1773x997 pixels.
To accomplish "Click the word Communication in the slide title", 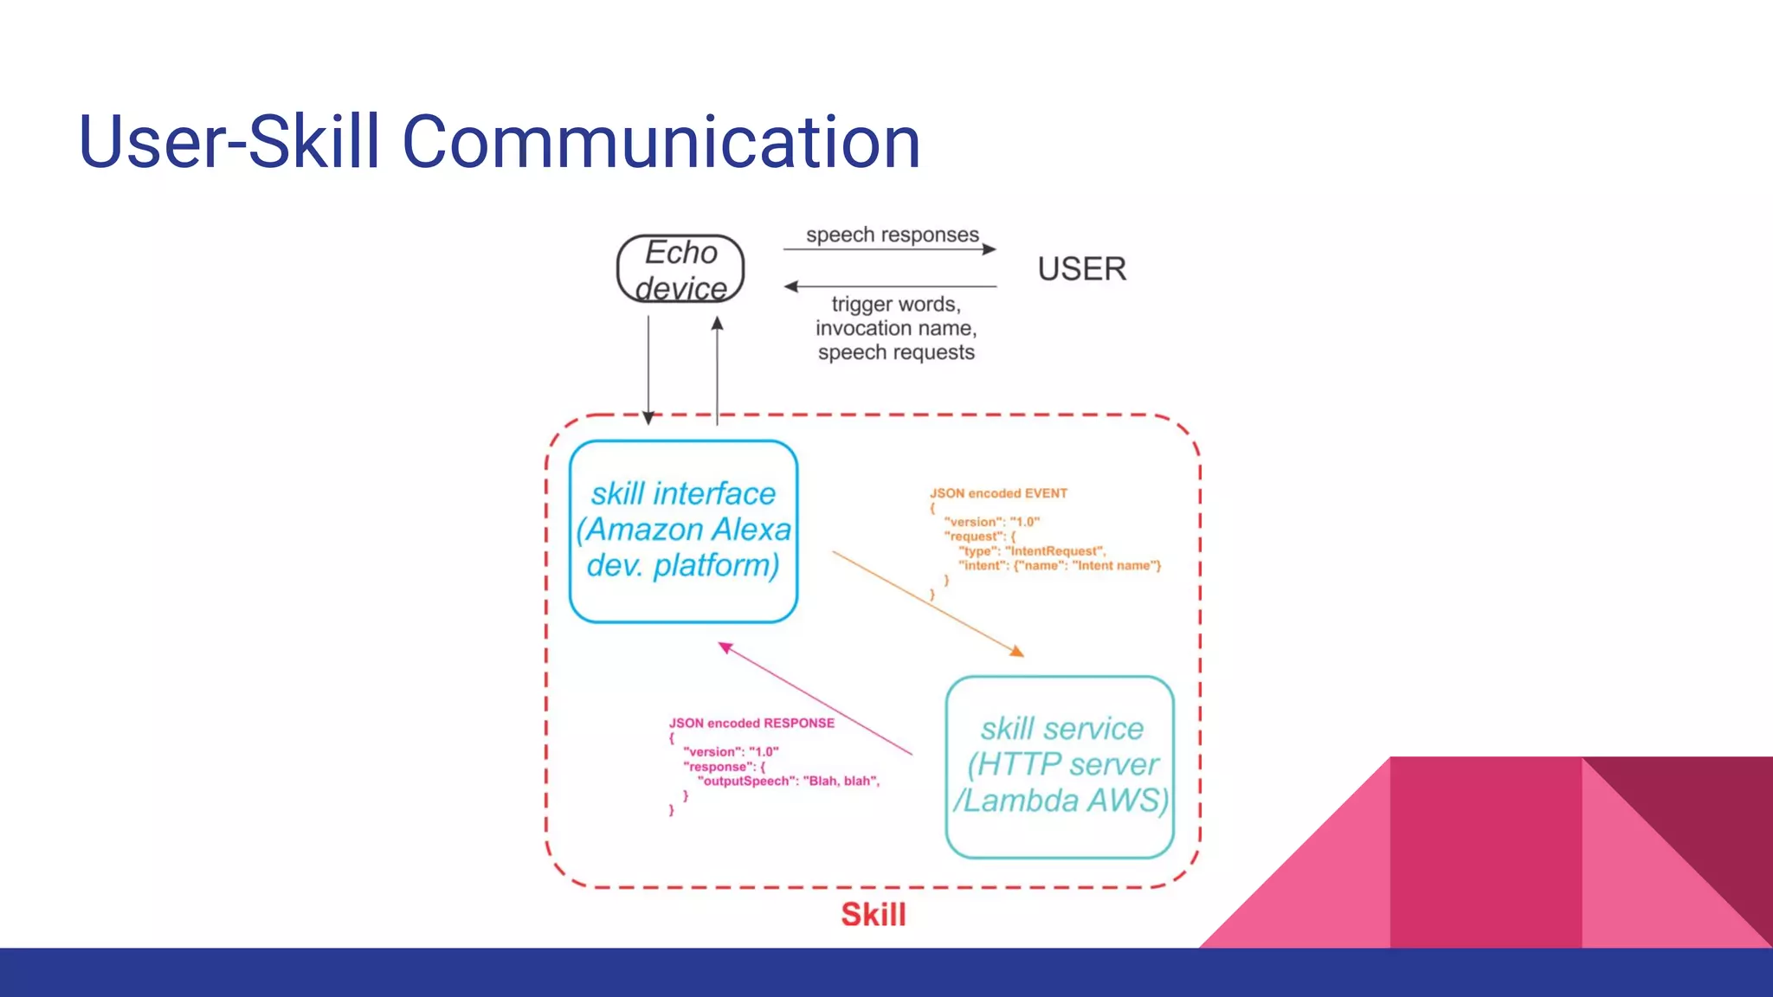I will (661, 142).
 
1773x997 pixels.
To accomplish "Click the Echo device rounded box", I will (680, 269).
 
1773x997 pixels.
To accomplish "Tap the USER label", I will (1081, 269).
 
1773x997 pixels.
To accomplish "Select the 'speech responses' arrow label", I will (892, 235).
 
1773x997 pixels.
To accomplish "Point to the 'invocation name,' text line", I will (896, 329).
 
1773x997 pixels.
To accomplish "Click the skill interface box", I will (683, 530).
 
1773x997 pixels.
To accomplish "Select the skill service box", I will (1060, 765).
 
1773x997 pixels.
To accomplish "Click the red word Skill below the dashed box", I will (873, 915).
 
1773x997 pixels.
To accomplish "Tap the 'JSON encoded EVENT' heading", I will (998, 493).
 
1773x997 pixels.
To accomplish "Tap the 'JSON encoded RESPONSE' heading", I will (751, 724).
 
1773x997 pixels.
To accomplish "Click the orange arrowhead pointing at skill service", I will (1018, 652).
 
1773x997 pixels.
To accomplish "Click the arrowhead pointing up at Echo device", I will (717, 324).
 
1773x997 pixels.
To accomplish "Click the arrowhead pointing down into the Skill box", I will (648, 418).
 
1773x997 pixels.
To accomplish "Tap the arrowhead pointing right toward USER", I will (990, 249).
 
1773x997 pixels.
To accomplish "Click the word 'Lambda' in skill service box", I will (1021, 801).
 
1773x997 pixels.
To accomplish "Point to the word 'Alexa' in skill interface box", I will (751, 530).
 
